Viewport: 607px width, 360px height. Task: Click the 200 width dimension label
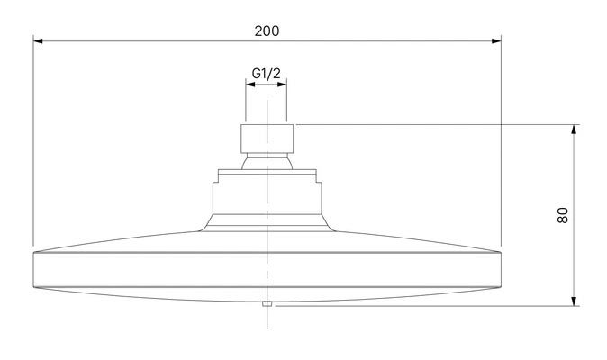coord(267,31)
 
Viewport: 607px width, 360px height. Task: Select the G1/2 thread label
coord(266,73)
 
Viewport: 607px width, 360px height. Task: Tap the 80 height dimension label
coord(563,215)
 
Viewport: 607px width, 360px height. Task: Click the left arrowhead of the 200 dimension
coord(38,40)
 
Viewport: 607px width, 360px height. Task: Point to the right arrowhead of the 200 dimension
coord(496,40)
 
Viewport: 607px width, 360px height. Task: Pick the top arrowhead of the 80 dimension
coord(574,130)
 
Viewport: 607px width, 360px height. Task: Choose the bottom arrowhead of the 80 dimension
coord(574,301)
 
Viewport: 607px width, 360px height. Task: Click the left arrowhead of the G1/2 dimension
coord(250,84)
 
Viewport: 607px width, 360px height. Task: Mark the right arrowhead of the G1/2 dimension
coord(282,84)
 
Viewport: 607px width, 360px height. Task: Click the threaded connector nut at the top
coord(267,139)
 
